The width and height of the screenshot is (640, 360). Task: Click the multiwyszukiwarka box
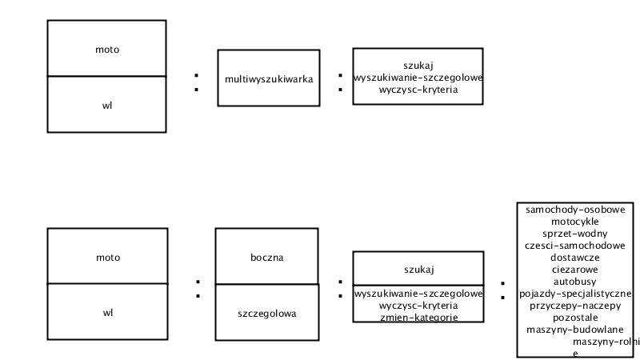(269, 78)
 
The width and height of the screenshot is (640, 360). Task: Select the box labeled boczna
(266, 256)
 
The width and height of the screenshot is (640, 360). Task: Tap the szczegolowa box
(267, 312)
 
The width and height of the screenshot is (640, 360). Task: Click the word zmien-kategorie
(418, 318)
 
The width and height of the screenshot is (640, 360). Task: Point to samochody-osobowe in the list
(575, 210)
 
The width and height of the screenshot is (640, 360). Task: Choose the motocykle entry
(575, 222)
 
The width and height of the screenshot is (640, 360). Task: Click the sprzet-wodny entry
(575, 234)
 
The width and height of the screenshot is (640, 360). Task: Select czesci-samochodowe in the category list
(575, 246)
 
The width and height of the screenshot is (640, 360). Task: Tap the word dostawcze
(575, 258)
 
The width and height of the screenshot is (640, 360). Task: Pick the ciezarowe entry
(575, 270)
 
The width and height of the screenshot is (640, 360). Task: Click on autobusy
(575, 282)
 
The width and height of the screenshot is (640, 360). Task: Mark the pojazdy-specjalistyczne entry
(575, 294)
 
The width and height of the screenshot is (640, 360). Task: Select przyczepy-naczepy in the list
(575, 306)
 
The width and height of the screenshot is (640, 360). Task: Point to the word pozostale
(575, 318)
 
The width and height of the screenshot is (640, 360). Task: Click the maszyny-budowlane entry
(575, 330)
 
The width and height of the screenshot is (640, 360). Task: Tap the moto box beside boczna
(107, 255)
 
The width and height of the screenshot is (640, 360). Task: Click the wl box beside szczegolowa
(107, 312)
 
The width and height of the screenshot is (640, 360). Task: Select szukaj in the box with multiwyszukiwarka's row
(418, 66)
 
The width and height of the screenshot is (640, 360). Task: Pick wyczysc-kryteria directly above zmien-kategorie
(418, 306)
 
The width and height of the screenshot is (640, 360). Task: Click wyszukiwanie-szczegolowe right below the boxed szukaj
(418, 294)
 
